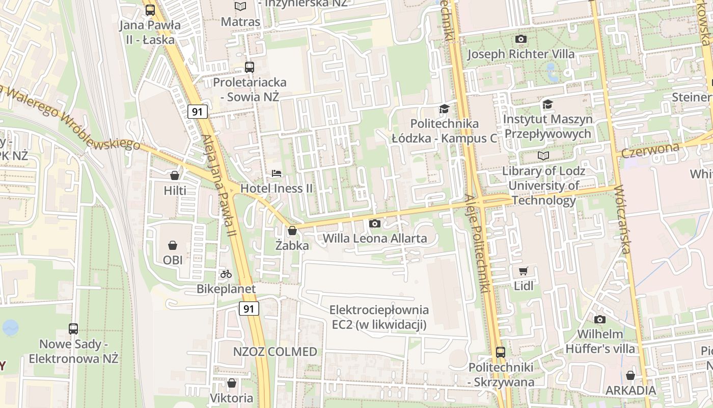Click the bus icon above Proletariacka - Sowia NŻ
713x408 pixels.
point(250,67)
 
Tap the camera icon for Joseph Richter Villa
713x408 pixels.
point(520,39)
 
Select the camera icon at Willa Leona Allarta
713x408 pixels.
point(374,223)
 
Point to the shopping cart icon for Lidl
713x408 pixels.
point(523,271)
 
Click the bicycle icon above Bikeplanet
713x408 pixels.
point(226,274)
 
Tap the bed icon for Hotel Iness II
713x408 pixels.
point(277,173)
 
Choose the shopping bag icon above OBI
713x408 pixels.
point(173,245)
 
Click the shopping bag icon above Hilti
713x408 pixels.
point(175,175)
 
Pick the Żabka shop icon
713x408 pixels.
point(292,231)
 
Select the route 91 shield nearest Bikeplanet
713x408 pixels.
point(249,309)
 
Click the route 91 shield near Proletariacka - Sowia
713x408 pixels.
point(197,112)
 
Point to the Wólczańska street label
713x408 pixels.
point(622,220)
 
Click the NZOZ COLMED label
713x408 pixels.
point(275,351)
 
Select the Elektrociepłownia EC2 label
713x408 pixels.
point(379,317)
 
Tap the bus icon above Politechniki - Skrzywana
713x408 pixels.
point(501,352)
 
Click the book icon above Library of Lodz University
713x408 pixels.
point(543,156)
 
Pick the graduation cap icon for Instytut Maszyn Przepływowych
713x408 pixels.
point(547,104)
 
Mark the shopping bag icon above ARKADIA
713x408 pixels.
point(630,375)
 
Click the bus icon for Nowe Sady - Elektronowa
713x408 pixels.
point(73,329)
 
